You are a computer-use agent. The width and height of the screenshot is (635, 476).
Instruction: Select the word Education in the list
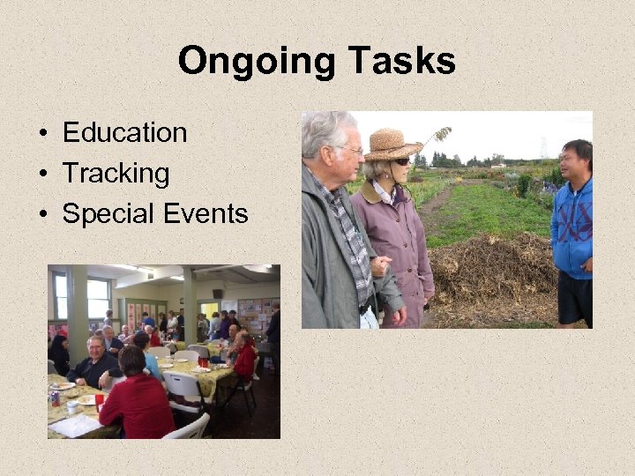pos(124,133)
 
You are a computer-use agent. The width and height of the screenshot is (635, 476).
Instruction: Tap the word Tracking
pos(116,174)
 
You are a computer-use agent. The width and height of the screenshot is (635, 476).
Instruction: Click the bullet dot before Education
pos(42,134)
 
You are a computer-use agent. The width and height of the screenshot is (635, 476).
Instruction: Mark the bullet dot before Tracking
pos(42,175)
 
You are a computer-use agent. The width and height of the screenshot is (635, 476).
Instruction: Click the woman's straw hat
pos(392,144)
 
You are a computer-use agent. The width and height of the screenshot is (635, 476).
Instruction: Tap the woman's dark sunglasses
pos(401,161)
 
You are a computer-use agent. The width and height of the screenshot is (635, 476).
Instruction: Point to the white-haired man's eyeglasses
pos(351,151)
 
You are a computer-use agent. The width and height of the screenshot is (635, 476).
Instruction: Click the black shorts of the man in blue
pos(575,298)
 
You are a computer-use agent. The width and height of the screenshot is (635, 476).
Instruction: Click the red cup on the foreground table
pos(99,398)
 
